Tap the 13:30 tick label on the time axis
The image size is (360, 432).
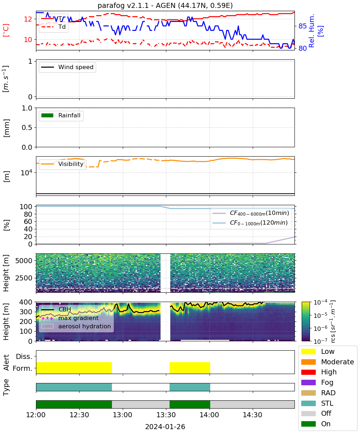point(166,415)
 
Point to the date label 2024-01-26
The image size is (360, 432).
point(165,427)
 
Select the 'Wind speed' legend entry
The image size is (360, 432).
point(67,67)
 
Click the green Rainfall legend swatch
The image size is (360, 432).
point(48,115)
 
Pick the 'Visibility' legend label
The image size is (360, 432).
point(71,164)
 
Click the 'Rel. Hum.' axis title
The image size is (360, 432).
point(312,31)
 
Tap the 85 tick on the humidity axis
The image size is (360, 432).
point(302,26)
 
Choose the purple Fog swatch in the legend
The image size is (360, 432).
point(308,382)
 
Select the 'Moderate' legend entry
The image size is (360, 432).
point(328,362)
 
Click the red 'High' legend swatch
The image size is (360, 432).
point(308,372)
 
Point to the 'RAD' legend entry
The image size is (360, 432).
point(318,393)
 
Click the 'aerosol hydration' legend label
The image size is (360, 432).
point(85,326)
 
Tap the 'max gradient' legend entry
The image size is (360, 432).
point(70,318)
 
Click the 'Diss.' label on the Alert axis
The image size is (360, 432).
point(24,356)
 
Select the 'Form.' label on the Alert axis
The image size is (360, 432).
point(23,368)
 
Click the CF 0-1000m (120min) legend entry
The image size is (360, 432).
point(250,223)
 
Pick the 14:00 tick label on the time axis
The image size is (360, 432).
point(210,415)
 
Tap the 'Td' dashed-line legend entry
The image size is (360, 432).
point(53,27)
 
